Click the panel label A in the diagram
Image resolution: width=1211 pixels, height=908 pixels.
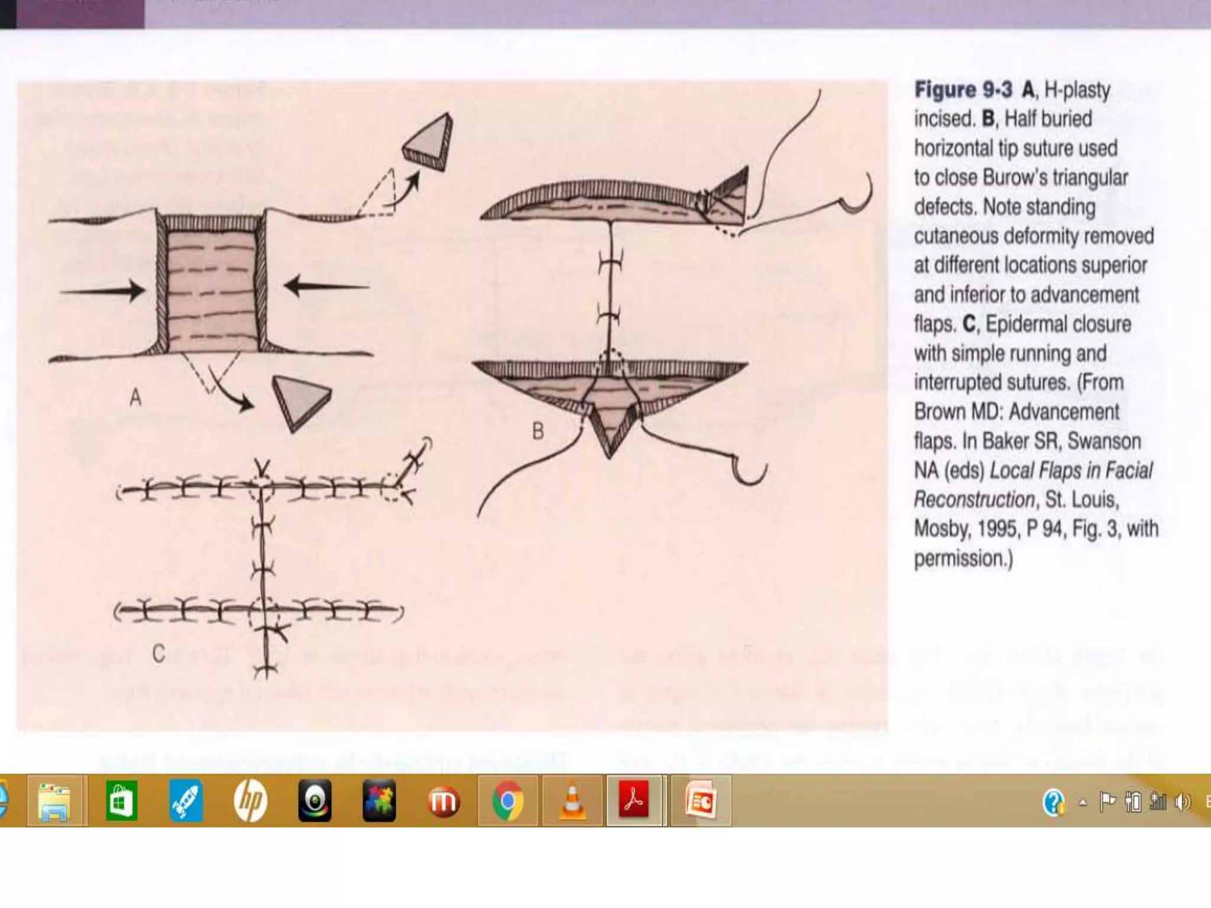(x=135, y=397)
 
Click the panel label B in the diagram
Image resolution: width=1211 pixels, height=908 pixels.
(x=537, y=431)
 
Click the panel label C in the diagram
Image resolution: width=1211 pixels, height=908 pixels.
(x=158, y=654)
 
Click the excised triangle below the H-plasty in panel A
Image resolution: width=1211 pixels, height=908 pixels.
(x=300, y=401)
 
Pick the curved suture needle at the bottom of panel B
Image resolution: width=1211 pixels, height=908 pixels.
(x=749, y=470)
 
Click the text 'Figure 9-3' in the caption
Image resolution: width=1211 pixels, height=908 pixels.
(x=963, y=90)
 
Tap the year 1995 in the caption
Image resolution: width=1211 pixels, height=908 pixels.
(x=999, y=528)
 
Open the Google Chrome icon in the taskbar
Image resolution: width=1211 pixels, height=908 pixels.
(x=508, y=801)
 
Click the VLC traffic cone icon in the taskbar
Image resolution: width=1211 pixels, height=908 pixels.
(x=572, y=801)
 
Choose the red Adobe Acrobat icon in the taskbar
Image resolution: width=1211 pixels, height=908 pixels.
(x=634, y=800)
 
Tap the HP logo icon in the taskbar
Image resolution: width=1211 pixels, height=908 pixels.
(x=250, y=801)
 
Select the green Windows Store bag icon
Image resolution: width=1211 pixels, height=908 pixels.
(x=121, y=801)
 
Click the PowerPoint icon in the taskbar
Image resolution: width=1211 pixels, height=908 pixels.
(x=701, y=801)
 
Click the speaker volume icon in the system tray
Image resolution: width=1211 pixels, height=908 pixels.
(x=1183, y=802)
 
